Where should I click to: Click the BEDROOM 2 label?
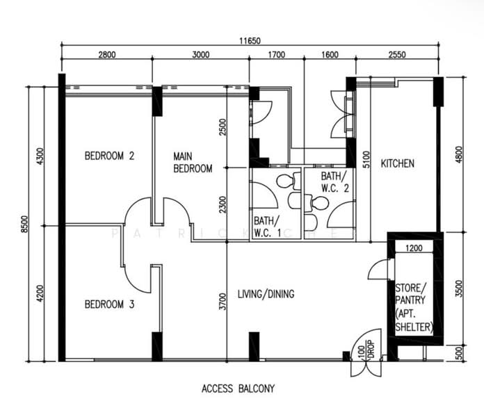point(109,156)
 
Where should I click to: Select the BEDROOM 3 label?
point(109,304)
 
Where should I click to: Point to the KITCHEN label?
point(397,164)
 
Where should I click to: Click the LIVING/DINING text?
point(265,294)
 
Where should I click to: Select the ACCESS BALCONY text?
point(238,389)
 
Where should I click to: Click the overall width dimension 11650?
point(250,40)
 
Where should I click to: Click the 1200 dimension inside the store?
point(414,247)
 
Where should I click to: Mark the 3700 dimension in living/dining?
point(222,301)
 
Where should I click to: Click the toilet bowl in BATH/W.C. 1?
point(284,181)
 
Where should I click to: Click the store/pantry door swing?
point(379,270)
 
